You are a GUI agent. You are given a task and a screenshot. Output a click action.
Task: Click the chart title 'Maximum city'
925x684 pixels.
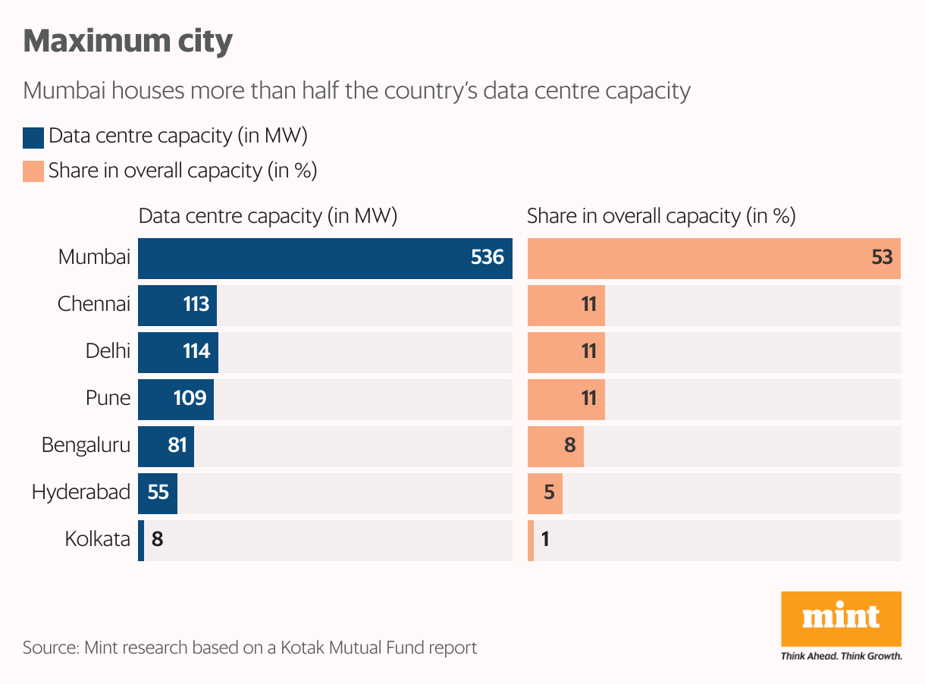click(127, 41)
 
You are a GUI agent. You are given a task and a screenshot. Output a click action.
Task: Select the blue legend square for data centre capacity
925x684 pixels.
click(33, 137)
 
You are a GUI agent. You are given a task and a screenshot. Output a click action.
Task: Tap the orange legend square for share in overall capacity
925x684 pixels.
click(33, 171)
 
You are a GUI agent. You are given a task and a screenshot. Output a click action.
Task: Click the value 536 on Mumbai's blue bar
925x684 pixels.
click(487, 258)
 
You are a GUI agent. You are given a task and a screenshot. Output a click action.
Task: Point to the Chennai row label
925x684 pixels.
click(94, 305)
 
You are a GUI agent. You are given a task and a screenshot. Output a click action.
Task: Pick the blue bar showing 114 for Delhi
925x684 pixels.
click(177, 352)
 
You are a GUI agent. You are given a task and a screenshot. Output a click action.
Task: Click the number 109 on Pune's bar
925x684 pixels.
click(190, 398)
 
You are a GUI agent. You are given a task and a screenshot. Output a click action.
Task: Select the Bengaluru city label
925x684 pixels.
click(86, 445)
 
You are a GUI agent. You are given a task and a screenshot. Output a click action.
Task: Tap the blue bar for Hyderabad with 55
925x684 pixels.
click(158, 493)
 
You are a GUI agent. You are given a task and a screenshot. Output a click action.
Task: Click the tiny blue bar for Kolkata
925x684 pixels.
click(141, 540)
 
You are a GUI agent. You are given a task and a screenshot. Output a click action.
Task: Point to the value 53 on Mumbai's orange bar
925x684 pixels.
click(882, 258)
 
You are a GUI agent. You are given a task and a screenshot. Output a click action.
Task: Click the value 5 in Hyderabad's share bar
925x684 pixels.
click(549, 493)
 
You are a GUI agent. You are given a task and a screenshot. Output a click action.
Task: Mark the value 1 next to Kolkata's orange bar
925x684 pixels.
click(545, 540)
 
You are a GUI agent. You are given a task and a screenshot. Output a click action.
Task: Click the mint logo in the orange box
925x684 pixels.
click(841, 617)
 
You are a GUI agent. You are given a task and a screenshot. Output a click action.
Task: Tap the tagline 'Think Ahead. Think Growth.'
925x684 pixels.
click(841, 656)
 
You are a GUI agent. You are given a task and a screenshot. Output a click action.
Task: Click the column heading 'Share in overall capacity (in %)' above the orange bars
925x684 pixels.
click(661, 216)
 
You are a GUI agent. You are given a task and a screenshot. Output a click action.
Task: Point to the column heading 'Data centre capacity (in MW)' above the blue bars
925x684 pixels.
click(268, 216)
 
